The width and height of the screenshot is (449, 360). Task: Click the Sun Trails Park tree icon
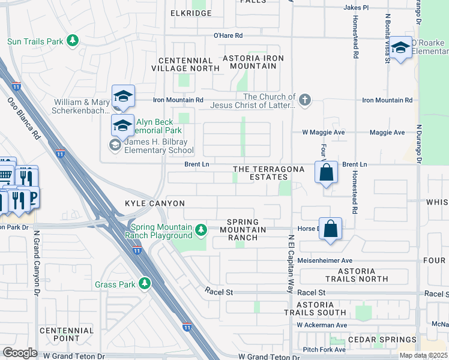[73, 41]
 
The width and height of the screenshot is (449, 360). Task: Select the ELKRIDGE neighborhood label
[191, 13]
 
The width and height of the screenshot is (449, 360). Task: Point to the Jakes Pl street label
[355, 7]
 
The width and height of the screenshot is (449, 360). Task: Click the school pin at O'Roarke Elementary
[401, 47]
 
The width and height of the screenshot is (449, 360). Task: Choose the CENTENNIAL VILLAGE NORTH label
[185, 64]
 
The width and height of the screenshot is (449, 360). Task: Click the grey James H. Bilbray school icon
[114, 143]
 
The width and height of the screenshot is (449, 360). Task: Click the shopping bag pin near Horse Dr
[330, 228]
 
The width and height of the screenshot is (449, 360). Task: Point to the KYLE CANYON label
[154, 204]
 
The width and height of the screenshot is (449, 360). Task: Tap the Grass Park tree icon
[144, 283]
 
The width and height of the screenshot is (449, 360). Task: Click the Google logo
[20, 353]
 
